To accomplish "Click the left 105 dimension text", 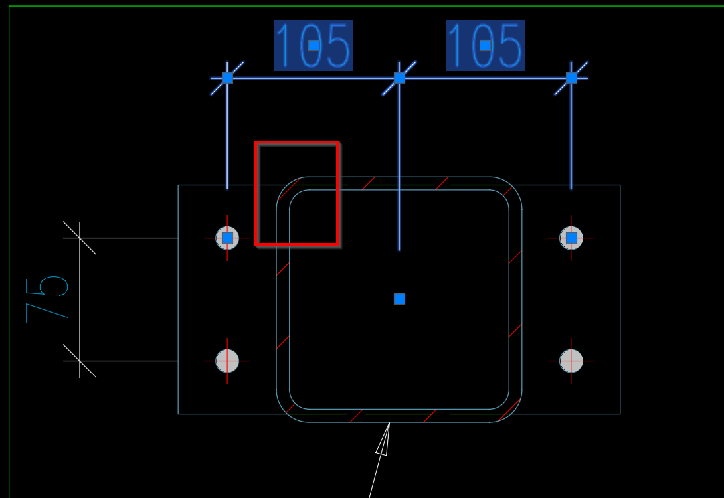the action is click(x=313, y=45).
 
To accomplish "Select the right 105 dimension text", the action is click(x=485, y=45).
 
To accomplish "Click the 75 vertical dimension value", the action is click(x=46, y=299).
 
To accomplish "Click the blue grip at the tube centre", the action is click(x=399, y=299).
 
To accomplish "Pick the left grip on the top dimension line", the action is click(x=227, y=78).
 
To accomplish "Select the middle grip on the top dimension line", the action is click(x=399, y=78).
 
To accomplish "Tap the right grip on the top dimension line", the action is click(x=571, y=78).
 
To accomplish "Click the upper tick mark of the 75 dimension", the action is click(x=80, y=238).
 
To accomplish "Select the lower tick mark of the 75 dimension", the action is click(x=80, y=361).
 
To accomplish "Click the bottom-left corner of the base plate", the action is click(x=178, y=414).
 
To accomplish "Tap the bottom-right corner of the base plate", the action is click(x=620, y=414).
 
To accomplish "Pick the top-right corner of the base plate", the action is click(x=620, y=185).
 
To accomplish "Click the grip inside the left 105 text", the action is click(x=314, y=45).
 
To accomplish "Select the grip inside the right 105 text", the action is click(x=485, y=45).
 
